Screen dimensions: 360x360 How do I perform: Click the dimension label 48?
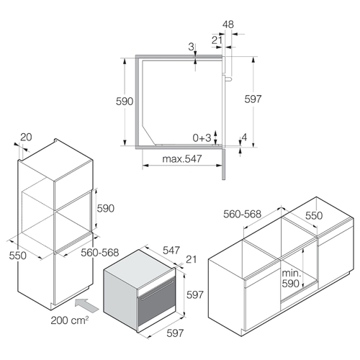(228, 24)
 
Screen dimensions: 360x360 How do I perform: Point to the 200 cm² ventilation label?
(70, 320)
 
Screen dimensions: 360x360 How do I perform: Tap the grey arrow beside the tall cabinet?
(86, 305)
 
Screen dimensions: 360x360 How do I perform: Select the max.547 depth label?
(182, 159)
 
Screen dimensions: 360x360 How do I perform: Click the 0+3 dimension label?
(202, 138)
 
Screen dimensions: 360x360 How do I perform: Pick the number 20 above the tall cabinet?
(26, 137)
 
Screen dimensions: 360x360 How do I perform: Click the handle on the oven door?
(157, 290)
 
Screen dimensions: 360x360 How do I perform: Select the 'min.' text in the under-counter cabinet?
(292, 273)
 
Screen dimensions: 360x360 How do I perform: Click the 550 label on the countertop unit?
(314, 216)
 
